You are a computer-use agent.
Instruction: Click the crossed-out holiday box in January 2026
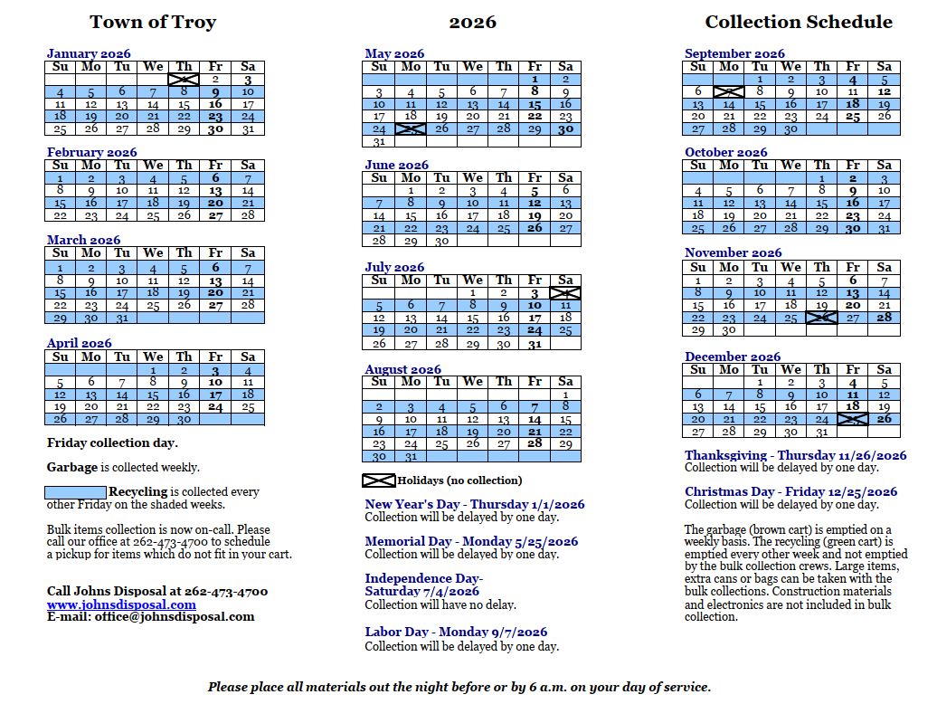(x=184, y=80)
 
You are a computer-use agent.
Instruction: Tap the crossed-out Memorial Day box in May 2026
(x=410, y=129)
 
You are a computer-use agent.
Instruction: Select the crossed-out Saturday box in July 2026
(x=565, y=293)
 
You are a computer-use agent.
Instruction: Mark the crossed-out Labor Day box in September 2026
(x=728, y=91)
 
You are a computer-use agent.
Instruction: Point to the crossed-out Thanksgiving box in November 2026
(x=821, y=319)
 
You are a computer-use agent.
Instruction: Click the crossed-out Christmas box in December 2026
(x=852, y=419)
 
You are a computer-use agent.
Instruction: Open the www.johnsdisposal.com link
(x=121, y=604)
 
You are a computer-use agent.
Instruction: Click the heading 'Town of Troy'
(x=153, y=23)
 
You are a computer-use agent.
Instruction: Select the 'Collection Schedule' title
(x=799, y=23)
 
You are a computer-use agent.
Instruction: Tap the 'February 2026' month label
(x=91, y=152)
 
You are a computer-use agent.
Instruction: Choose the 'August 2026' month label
(x=402, y=369)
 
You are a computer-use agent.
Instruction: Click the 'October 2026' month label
(x=725, y=152)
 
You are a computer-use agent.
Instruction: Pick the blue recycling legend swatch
(x=75, y=492)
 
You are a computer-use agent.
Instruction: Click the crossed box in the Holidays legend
(x=379, y=480)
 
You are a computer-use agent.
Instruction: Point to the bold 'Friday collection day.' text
(x=112, y=443)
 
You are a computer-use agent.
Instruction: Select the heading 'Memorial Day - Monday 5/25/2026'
(x=471, y=541)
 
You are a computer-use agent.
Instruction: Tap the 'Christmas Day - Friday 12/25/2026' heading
(x=790, y=492)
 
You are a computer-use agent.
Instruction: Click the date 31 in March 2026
(x=122, y=319)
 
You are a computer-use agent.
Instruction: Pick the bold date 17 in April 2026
(x=215, y=395)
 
